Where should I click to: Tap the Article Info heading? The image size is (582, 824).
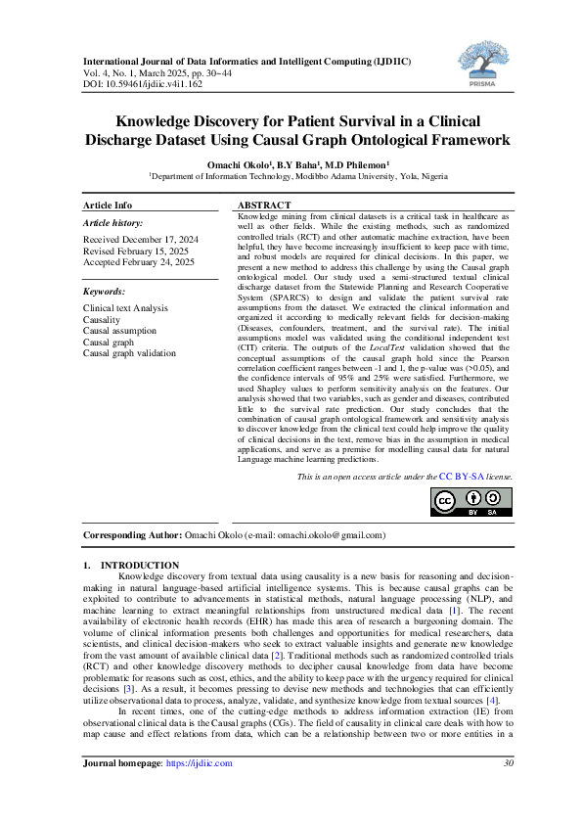[x=108, y=206]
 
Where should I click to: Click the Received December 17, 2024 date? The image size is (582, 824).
[x=141, y=240]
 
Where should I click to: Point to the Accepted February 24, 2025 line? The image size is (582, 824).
[x=139, y=262]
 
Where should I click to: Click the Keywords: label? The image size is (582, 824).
[x=104, y=292]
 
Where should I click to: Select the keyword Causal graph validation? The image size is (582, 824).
[x=130, y=352]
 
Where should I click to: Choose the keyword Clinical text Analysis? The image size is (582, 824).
[x=125, y=307]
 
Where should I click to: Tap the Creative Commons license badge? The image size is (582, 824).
[x=471, y=502]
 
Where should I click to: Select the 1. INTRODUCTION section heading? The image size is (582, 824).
[x=131, y=565]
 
